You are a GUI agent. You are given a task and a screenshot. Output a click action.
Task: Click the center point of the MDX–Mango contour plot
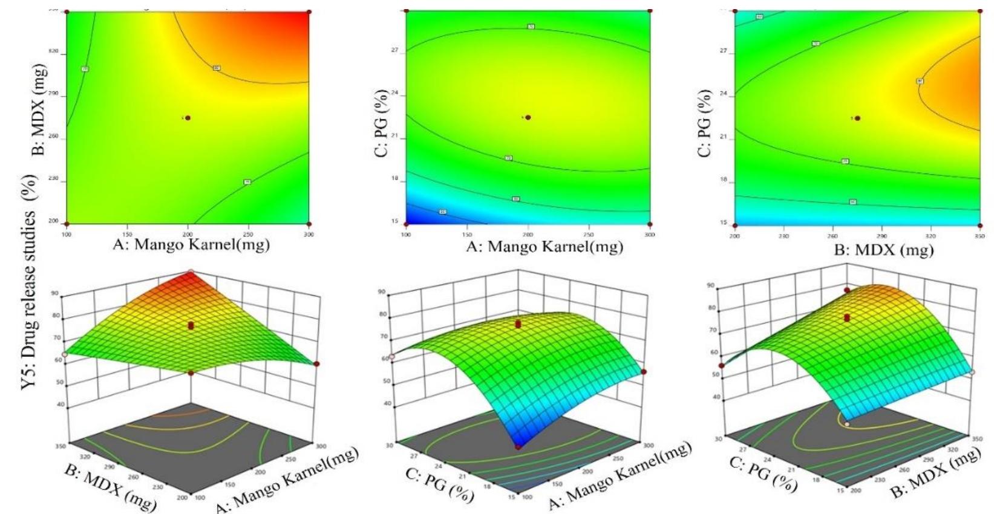[x=188, y=118]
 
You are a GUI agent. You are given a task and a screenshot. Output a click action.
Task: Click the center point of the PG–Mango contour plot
[x=528, y=117]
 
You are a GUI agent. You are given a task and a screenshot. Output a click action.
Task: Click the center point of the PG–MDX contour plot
[x=857, y=119]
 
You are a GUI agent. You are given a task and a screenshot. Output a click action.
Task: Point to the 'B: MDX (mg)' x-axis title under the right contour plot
[x=884, y=249]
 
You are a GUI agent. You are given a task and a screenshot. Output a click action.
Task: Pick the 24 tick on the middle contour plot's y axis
[x=394, y=94]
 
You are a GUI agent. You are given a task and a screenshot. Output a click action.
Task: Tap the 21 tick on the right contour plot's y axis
[x=724, y=138]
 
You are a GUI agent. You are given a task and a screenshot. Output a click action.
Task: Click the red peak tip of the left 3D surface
[x=191, y=272]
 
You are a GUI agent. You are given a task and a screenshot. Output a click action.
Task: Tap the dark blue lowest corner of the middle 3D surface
[x=518, y=446]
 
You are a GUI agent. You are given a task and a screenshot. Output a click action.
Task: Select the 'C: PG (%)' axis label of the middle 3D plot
[x=439, y=484]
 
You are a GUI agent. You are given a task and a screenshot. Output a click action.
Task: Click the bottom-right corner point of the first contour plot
[x=309, y=223]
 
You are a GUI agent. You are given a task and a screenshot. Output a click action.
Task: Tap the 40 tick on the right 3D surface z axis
[x=716, y=397]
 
